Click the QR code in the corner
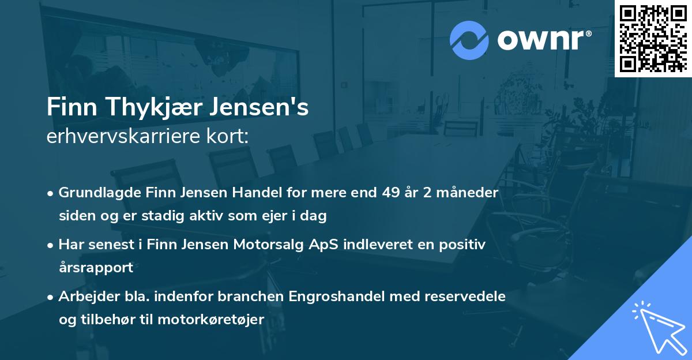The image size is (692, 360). [x=653, y=39]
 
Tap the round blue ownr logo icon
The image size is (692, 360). [x=469, y=40]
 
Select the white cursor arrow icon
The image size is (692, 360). [x=656, y=328]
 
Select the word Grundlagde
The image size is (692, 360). [x=94, y=193]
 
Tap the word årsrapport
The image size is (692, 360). [x=96, y=268]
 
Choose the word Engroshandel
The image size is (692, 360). [x=329, y=297]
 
